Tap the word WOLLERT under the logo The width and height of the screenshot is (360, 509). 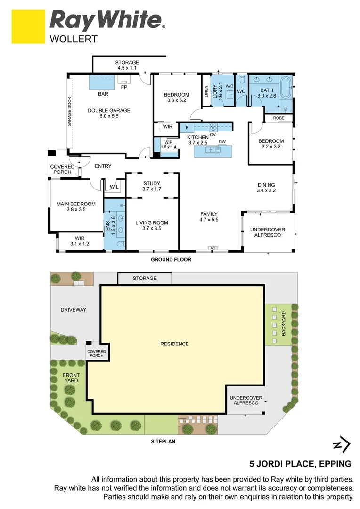[74, 40]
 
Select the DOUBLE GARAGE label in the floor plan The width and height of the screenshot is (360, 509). [109, 111]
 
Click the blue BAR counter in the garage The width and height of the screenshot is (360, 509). [102, 83]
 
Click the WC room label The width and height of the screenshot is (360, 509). [241, 91]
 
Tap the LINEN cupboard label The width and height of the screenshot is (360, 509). [206, 91]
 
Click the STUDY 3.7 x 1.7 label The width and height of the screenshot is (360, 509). [152, 186]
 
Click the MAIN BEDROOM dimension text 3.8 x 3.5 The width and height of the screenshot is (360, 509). [76, 210]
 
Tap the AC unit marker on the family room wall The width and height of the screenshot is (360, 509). [213, 248]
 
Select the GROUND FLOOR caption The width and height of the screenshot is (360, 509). [171, 260]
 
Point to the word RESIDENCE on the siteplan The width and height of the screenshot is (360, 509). [174, 344]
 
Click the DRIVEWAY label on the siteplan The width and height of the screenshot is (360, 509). [73, 310]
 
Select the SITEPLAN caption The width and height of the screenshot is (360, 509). [164, 442]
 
